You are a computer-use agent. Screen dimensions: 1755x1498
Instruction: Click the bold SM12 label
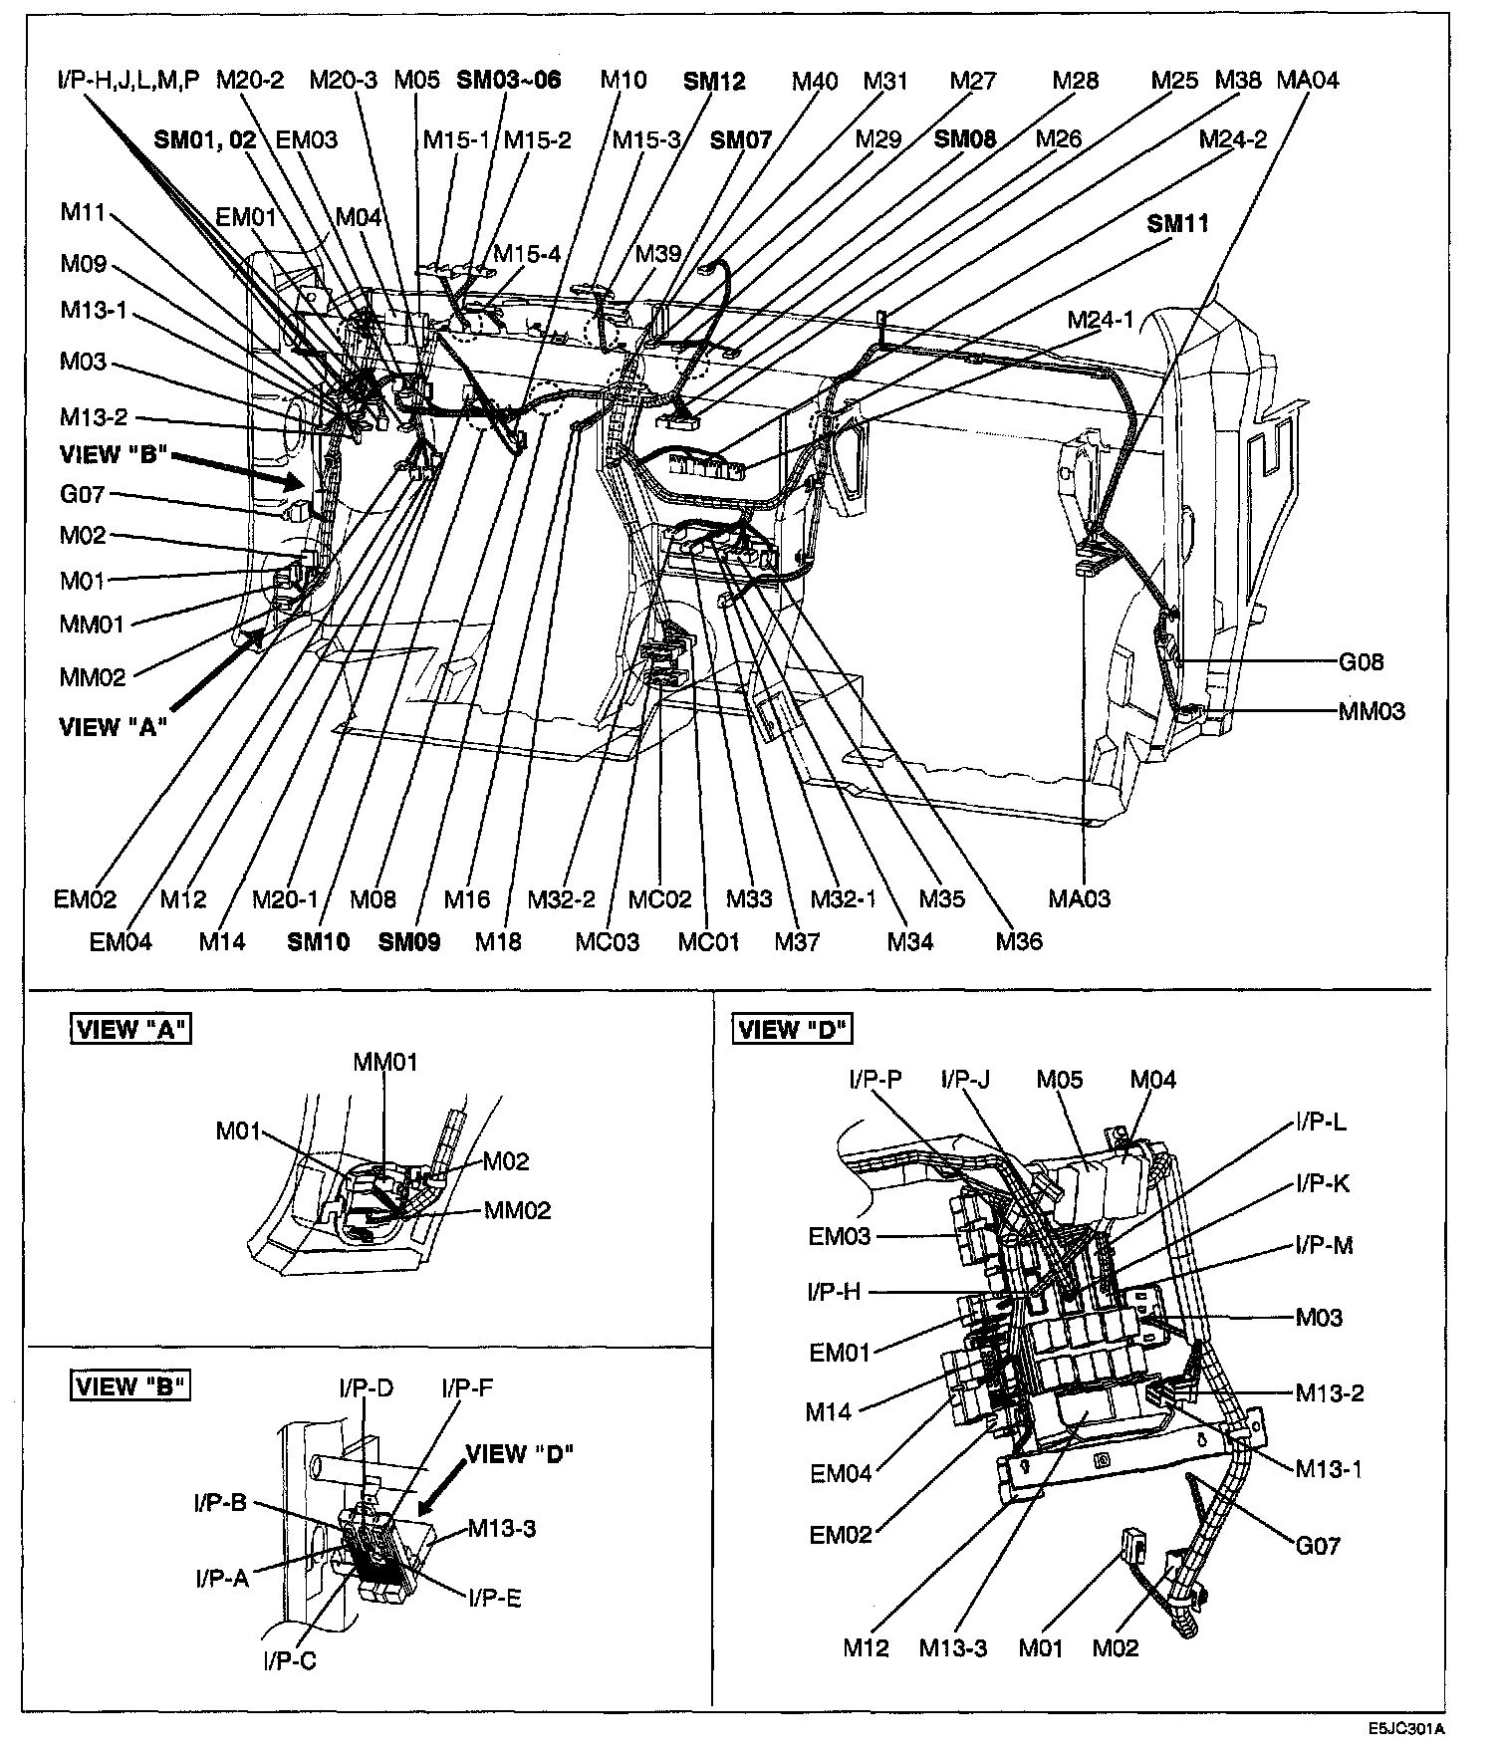click(x=714, y=81)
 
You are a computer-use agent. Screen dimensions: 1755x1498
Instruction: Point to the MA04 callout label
click(x=1308, y=80)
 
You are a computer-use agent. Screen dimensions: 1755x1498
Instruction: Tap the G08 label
click(x=1361, y=662)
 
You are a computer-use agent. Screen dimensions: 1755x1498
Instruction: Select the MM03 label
click(x=1372, y=711)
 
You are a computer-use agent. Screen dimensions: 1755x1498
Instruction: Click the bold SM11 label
click(x=1177, y=223)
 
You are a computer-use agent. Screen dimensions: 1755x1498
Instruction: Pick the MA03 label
click(x=1079, y=898)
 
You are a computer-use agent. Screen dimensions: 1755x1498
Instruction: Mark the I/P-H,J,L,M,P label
click(x=128, y=80)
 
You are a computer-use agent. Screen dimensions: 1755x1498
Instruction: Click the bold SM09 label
click(x=409, y=941)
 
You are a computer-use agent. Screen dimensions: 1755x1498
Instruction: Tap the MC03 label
click(x=607, y=941)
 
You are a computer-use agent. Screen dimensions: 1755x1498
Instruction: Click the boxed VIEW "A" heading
click(x=130, y=1029)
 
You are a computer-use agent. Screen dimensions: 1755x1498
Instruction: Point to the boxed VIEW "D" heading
click(x=794, y=1029)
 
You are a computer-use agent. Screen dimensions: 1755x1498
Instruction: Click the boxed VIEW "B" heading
click(x=130, y=1385)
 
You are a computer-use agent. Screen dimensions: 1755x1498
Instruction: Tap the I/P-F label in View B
click(x=467, y=1388)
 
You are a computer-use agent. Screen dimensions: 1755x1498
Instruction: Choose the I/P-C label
click(x=290, y=1661)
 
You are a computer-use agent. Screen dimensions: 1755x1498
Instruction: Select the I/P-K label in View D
click(x=1323, y=1183)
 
